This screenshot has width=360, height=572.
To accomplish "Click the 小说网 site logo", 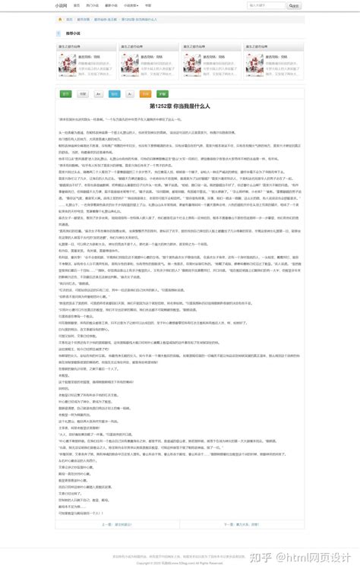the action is pyautogui.click(x=61, y=5).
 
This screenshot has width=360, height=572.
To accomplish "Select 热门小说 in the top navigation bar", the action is pyautogui.click(x=93, y=5).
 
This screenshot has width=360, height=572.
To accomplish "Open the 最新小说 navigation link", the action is pyautogui.click(x=112, y=5).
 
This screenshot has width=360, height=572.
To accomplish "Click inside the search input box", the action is pyautogui.click(x=266, y=5).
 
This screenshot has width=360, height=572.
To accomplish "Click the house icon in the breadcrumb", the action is pyautogui.click(x=61, y=19).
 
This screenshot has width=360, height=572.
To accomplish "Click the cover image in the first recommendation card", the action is pyautogui.click(x=68, y=65).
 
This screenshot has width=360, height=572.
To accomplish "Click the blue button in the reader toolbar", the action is pyautogui.click(x=114, y=94).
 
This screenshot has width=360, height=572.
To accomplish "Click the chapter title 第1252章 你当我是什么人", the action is pyautogui.click(x=180, y=106).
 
